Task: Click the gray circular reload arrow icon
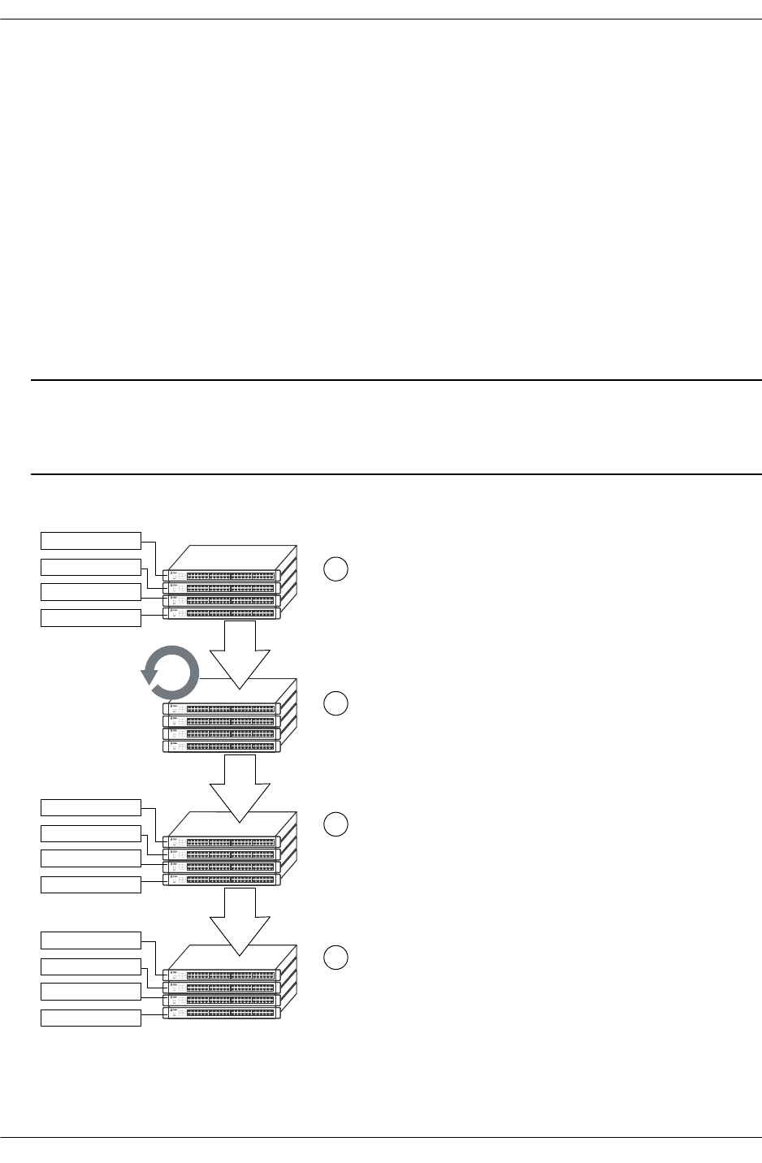point(170,672)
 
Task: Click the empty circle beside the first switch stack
point(336,569)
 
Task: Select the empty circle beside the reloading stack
point(336,703)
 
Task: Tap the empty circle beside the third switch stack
point(336,824)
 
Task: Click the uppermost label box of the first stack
point(91,540)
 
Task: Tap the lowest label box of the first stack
point(91,617)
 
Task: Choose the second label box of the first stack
point(91,566)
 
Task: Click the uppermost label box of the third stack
point(91,807)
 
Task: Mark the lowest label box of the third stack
point(91,884)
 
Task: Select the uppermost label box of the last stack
point(91,940)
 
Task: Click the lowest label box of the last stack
point(91,1017)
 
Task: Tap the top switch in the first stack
point(222,575)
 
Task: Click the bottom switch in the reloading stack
point(222,746)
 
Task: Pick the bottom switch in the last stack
point(222,1013)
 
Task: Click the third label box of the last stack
point(91,991)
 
